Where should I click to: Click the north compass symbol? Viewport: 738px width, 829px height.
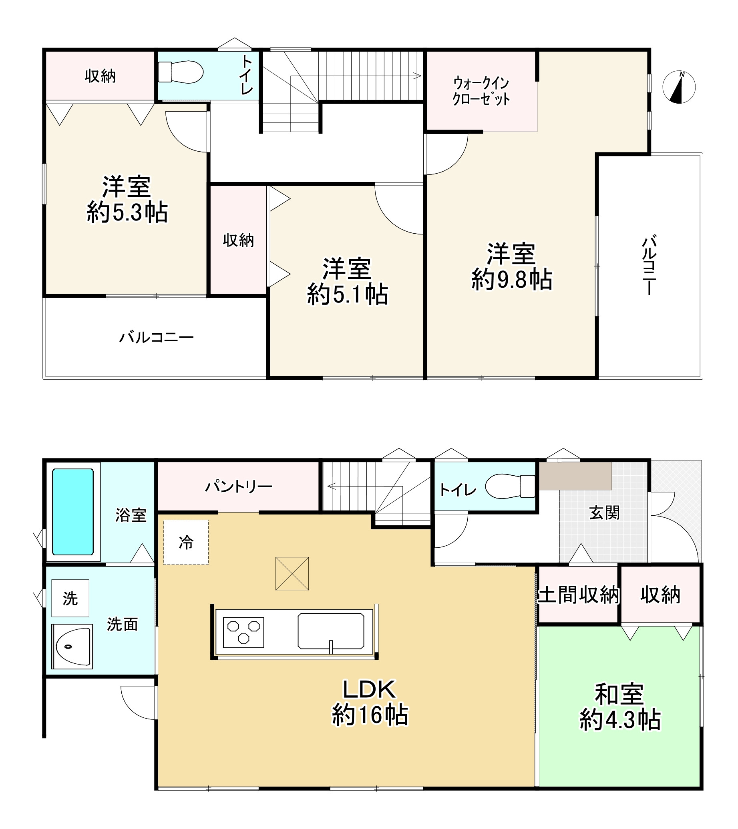(x=679, y=87)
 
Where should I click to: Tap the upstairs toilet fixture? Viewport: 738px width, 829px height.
(x=181, y=72)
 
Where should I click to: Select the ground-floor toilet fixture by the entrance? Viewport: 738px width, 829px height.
(x=511, y=486)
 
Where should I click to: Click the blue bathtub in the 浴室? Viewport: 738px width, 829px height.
(x=73, y=512)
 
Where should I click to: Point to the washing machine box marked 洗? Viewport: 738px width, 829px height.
(x=70, y=598)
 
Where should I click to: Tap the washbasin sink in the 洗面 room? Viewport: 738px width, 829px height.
(x=72, y=647)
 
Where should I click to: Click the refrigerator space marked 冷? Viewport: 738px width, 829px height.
(x=186, y=542)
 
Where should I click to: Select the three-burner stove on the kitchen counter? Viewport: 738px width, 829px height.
(x=243, y=632)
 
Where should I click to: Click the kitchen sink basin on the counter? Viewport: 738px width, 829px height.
(x=330, y=631)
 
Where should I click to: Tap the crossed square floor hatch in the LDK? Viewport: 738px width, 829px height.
(x=292, y=573)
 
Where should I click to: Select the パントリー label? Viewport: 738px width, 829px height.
(x=238, y=486)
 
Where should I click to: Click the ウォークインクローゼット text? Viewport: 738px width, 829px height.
(x=481, y=91)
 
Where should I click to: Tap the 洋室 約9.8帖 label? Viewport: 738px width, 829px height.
(x=511, y=266)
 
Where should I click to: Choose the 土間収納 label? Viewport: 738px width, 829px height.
(x=578, y=595)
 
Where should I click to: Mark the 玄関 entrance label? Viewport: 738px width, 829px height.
(x=604, y=513)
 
